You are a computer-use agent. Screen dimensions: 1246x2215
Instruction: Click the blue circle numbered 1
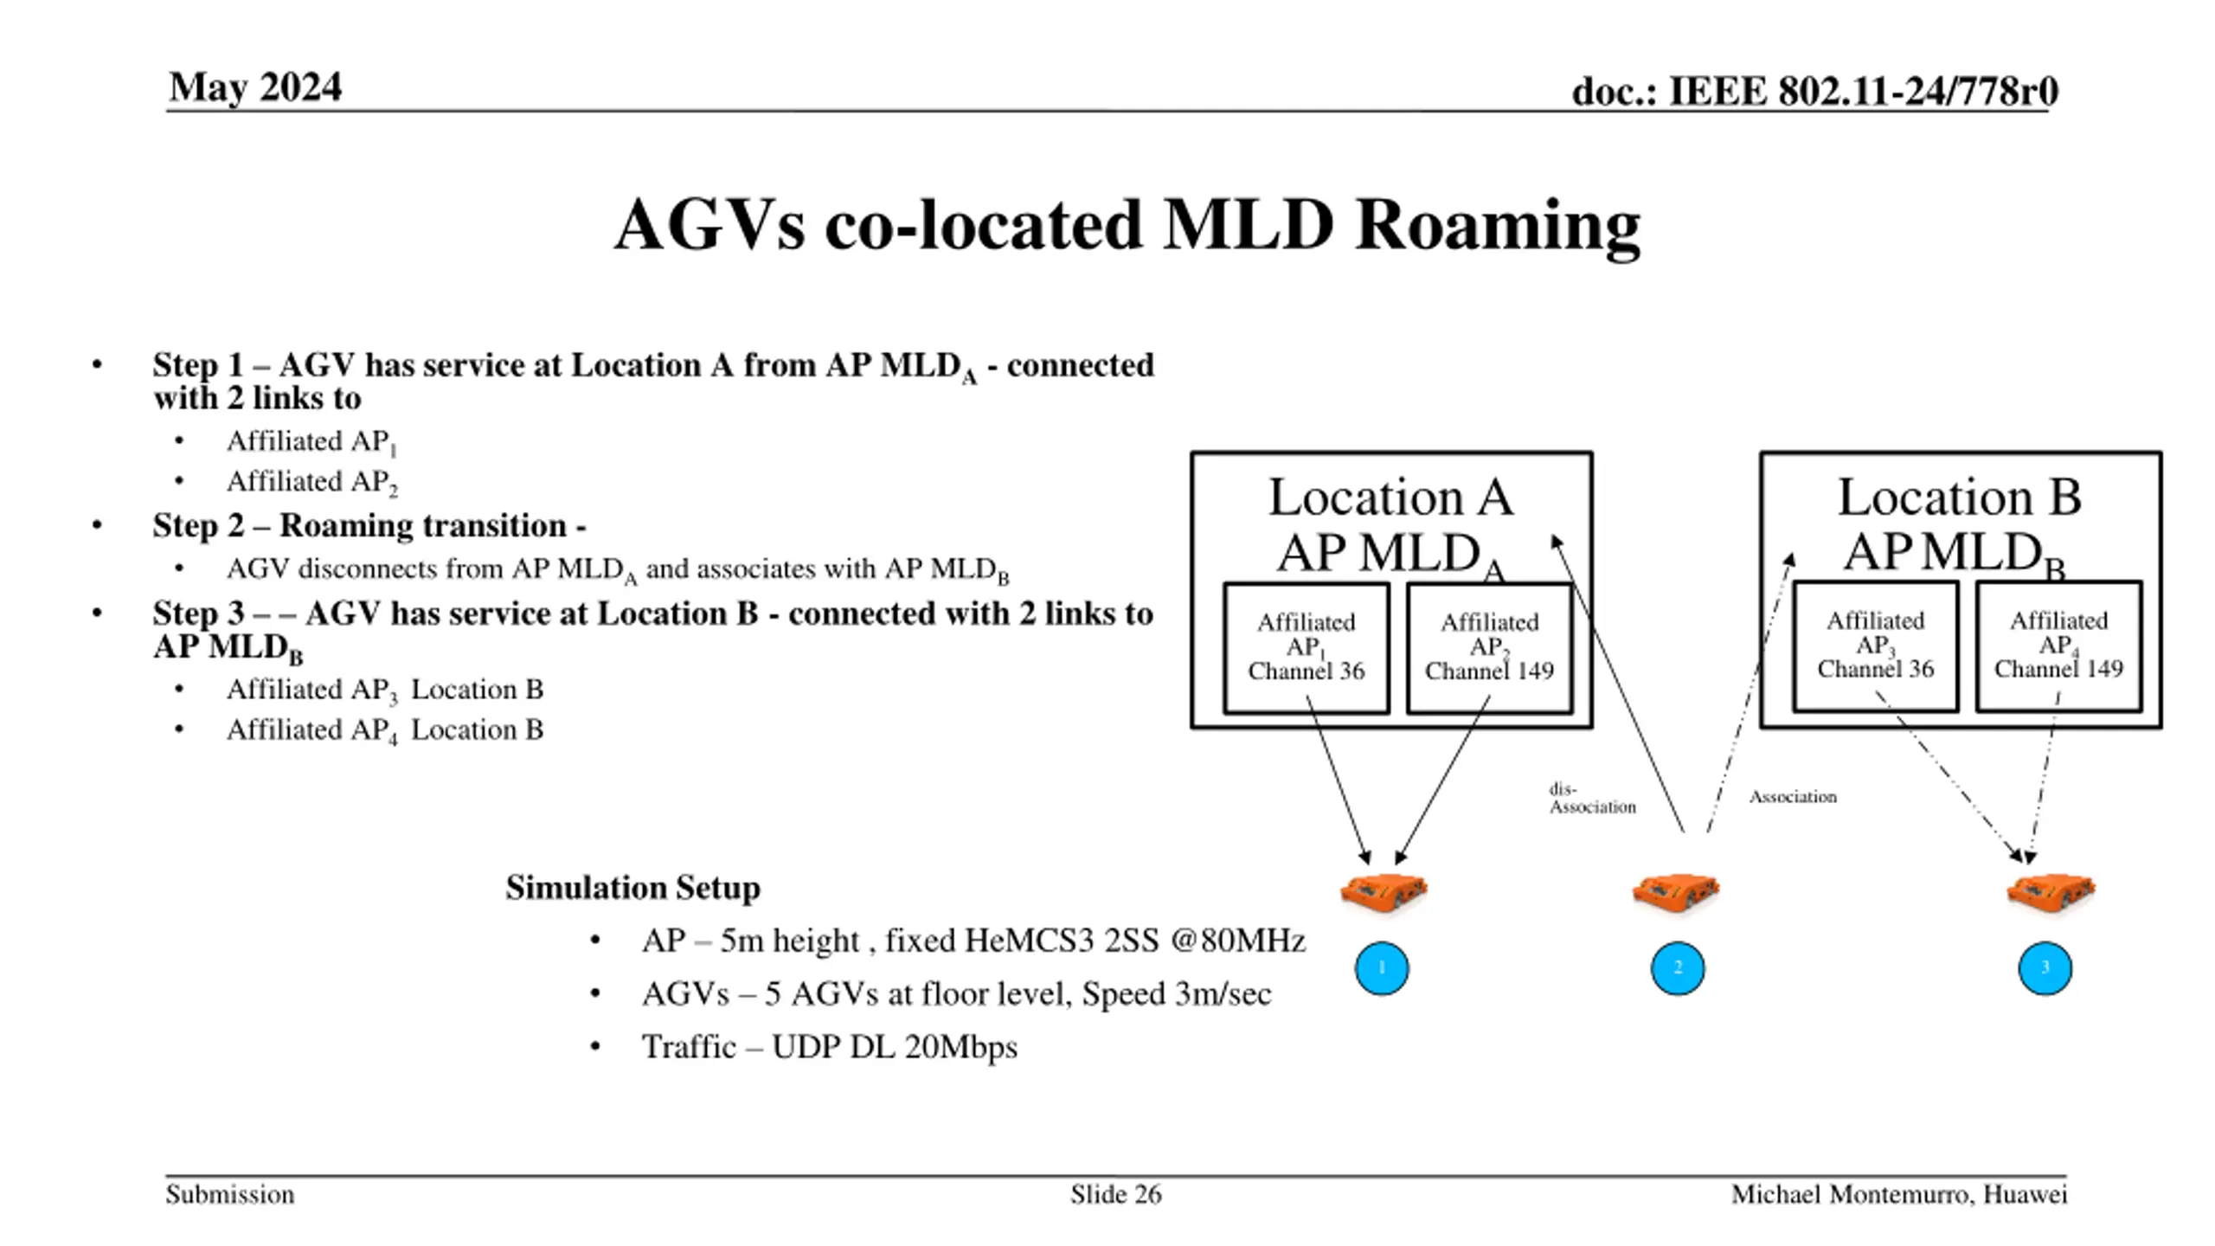tap(1381, 968)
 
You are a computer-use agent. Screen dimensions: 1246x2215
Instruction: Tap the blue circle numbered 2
tap(1677, 968)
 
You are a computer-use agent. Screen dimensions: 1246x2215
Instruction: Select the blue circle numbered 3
tap(2045, 968)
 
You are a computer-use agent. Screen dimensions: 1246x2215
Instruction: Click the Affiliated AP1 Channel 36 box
tap(1306, 647)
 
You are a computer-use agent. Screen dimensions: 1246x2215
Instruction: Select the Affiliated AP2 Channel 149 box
tap(1489, 647)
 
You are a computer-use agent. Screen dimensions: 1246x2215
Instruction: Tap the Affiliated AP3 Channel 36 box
tap(1875, 645)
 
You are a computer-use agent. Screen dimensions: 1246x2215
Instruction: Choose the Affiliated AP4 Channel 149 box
tap(2058, 645)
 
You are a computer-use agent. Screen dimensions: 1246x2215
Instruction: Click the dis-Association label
tap(1591, 799)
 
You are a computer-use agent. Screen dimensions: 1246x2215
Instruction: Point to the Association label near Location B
tap(1792, 797)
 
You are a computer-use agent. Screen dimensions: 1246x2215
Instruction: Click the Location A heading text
tap(1390, 498)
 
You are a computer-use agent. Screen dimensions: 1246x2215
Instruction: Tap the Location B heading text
tap(1959, 498)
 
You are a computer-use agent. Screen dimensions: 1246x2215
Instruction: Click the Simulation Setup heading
tap(632, 888)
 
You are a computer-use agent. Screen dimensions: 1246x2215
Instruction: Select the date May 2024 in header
tap(255, 87)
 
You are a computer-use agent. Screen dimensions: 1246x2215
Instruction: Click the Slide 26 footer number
tap(1115, 1195)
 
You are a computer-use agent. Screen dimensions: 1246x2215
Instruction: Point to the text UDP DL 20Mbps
tap(894, 1047)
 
